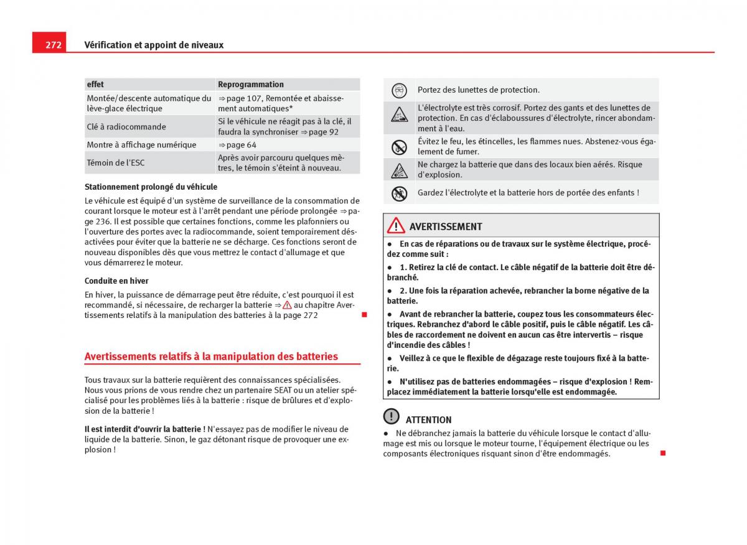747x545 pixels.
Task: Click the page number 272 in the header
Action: click(x=53, y=45)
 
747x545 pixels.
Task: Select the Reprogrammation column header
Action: click(x=251, y=85)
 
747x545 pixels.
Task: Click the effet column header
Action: click(x=96, y=85)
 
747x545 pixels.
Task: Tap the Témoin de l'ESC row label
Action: click(x=116, y=163)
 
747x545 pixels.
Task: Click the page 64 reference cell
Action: click(x=237, y=145)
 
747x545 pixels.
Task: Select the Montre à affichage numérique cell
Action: click(x=141, y=145)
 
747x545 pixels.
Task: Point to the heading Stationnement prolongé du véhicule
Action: click(x=151, y=187)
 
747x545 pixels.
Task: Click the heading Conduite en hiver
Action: click(x=116, y=281)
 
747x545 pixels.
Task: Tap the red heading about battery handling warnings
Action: click(x=211, y=356)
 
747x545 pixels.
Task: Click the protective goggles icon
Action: click(x=399, y=90)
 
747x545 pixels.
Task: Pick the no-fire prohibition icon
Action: click(x=399, y=147)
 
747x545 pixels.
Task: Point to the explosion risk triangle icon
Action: click(x=399, y=170)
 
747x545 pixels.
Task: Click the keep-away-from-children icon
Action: click(x=399, y=193)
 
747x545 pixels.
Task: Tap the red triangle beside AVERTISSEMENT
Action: click(x=395, y=226)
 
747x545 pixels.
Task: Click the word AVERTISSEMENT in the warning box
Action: click(x=446, y=226)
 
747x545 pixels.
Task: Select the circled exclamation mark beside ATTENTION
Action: click(x=391, y=416)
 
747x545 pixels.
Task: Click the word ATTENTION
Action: click(x=428, y=420)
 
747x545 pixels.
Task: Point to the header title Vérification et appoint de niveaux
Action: click(x=154, y=45)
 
